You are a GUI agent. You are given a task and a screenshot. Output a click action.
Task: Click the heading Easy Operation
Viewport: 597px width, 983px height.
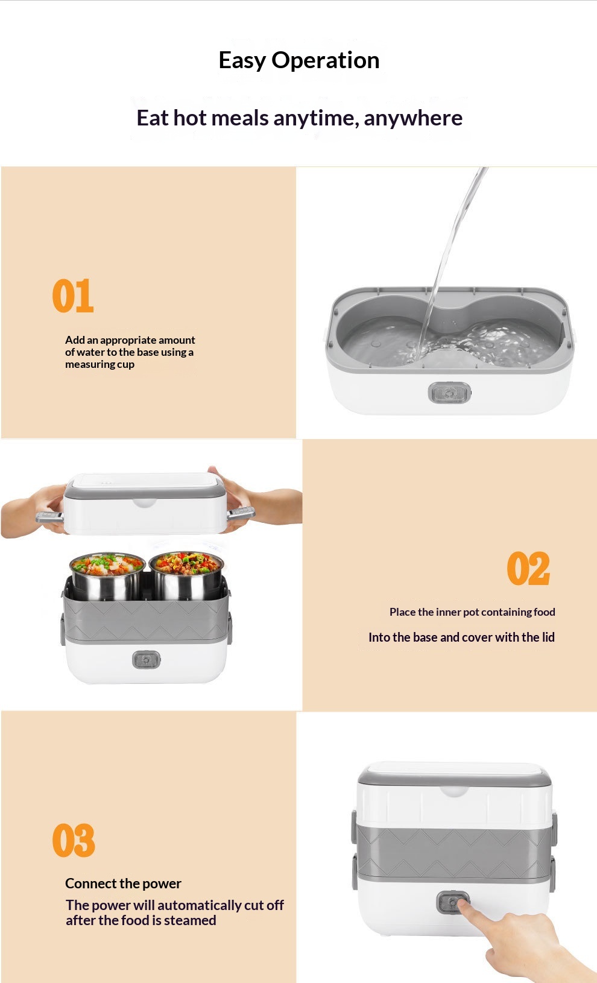point(299,60)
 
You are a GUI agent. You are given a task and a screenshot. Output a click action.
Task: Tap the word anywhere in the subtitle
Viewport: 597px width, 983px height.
point(413,118)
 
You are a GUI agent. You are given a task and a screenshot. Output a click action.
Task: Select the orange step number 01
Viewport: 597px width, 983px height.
point(73,296)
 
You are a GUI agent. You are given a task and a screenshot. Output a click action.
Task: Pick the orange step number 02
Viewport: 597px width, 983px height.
point(528,568)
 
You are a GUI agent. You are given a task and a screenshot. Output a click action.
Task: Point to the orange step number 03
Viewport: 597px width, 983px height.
point(74,840)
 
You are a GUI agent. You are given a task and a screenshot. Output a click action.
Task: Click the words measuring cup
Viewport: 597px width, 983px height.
point(99,364)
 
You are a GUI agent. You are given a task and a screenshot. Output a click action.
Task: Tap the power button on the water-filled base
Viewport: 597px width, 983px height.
point(449,393)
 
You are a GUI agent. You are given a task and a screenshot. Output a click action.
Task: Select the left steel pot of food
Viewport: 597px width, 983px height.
point(107,575)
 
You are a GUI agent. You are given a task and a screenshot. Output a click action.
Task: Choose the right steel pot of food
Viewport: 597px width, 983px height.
point(186,574)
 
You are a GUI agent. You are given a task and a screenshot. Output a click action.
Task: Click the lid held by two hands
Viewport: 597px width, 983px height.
point(145,504)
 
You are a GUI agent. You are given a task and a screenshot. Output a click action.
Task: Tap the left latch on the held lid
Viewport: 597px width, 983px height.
point(49,517)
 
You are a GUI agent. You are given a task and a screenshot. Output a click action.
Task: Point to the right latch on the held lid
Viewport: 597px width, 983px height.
point(241,513)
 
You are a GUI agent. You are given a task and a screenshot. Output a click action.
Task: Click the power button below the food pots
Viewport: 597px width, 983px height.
point(146,660)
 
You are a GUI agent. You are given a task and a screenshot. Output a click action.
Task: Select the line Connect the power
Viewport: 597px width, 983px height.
point(123,883)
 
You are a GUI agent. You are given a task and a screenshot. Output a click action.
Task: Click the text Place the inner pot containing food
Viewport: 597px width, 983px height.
point(472,612)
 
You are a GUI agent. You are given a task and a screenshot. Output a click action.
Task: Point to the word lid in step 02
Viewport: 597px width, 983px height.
point(548,637)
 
